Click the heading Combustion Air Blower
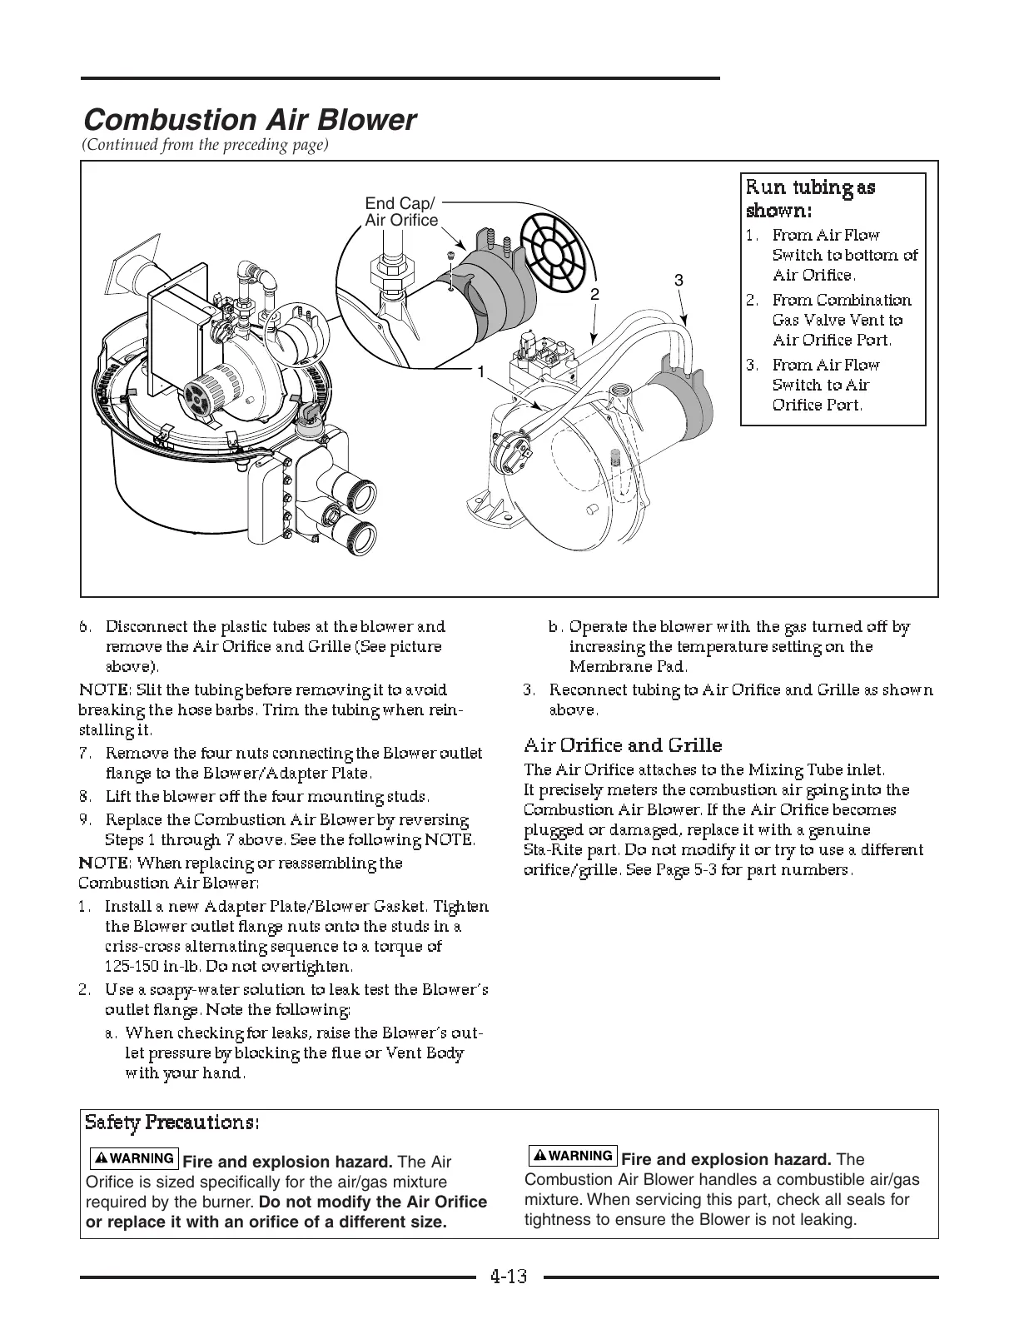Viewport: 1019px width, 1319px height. (248, 120)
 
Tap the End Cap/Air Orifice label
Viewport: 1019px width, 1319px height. (400, 212)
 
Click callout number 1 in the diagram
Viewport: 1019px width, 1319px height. (480, 372)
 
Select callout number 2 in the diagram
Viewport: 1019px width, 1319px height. (594, 294)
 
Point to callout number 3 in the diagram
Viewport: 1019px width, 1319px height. (679, 281)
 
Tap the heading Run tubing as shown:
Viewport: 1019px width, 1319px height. (810, 197)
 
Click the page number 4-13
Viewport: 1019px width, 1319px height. (509, 1277)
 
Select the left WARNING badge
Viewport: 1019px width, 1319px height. (134, 1158)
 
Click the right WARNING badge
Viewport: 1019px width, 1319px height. (573, 1156)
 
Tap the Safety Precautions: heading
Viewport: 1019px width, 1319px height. (172, 1122)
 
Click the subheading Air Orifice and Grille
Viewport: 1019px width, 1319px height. (623, 745)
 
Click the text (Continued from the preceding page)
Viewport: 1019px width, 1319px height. (206, 145)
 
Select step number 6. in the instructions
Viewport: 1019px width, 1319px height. (85, 627)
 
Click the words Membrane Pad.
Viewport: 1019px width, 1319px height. (628, 667)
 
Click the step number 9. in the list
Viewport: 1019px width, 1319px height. (85, 820)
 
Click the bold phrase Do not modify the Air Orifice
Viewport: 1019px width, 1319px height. (373, 1202)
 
